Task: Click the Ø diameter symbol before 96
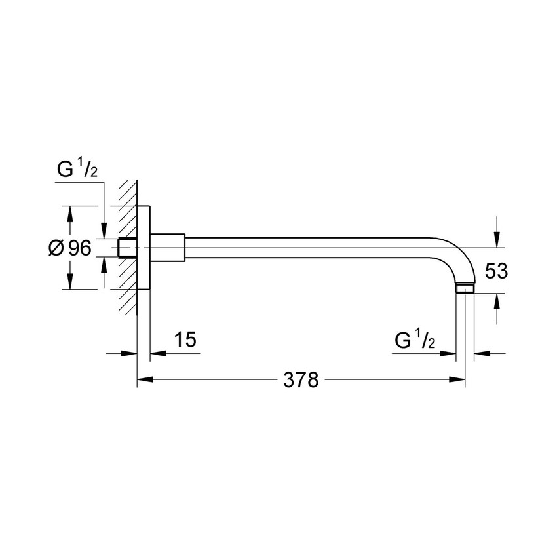pos(56,248)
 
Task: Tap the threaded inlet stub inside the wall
pos(127,248)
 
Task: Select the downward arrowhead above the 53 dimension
pos(497,241)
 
